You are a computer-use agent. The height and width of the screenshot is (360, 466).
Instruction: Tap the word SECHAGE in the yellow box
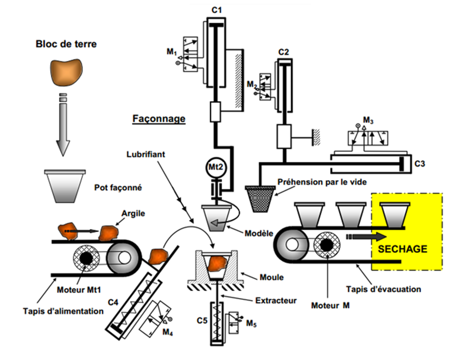pos(402,249)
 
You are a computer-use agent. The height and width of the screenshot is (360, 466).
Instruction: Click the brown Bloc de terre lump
pos(66,72)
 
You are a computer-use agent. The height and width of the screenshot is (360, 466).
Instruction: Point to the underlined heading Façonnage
pos(159,118)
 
